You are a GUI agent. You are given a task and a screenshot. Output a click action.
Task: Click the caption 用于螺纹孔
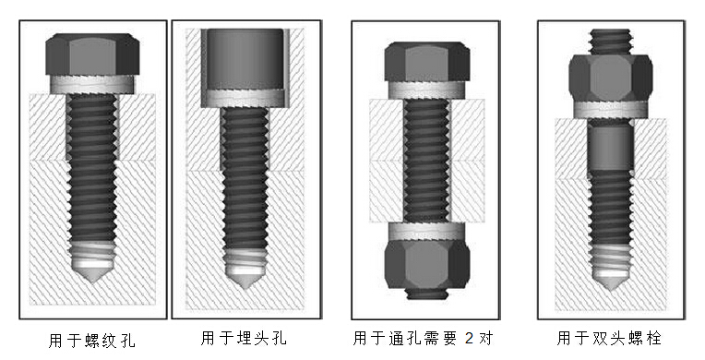coord(91,341)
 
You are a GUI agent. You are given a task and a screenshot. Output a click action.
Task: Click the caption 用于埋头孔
coord(244,338)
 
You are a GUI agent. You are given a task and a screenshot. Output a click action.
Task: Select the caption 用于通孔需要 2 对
coord(423,338)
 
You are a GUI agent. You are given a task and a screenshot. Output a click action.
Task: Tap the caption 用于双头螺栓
coord(609,338)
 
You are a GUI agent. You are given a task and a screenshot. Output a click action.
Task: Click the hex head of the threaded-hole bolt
coord(92,54)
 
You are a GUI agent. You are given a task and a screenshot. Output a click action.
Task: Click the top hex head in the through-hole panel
coord(426,62)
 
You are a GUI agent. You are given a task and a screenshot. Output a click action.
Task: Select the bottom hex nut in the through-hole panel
coord(426,265)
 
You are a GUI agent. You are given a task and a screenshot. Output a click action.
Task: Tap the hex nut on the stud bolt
coord(611,78)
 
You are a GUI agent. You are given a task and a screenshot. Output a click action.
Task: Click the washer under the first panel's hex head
coord(92,84)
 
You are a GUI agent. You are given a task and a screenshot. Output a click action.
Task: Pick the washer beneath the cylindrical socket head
coord(243,99)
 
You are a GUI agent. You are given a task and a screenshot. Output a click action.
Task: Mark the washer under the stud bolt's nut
coord(611,110)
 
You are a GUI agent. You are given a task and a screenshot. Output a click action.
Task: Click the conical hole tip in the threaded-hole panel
coord(92,273)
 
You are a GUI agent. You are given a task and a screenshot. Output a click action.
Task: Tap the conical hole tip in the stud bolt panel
coord(610,282)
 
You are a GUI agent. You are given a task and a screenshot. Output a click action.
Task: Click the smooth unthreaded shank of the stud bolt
coord(610,147)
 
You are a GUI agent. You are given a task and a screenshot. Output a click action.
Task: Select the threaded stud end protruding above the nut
coord(610,42)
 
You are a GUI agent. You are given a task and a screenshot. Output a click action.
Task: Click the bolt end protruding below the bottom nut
coord(426,294)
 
